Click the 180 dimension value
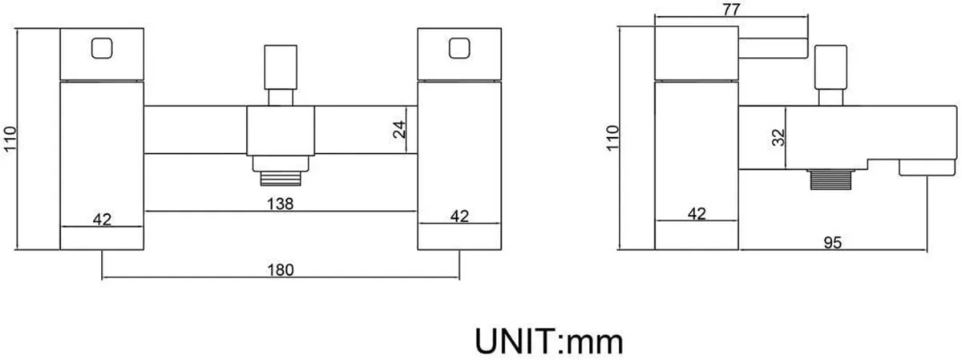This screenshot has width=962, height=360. coord(281,270)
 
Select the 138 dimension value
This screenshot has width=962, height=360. coord(280,204)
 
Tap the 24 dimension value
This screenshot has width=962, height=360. coord(399,129)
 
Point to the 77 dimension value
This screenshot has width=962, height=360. coord(731,10)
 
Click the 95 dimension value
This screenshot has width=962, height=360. coord(833,243)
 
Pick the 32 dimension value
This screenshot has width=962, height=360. coord(778,138)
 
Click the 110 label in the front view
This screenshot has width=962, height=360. coord(10,139)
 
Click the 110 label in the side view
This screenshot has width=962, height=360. coord(612,138)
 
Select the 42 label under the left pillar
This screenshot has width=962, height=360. coord(103,220)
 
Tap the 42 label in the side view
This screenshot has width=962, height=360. coord(697,213)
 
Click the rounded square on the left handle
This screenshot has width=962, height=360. coord(103,48)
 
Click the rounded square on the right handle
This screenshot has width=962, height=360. coord(459,48)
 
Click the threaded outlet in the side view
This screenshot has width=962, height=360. coord(831,180)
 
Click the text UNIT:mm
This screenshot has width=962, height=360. coord(549,342)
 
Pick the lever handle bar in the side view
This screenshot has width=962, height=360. coord(773,48)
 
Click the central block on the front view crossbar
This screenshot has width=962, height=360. coord(281,131)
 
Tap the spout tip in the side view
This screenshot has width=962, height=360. coord(928,168)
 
